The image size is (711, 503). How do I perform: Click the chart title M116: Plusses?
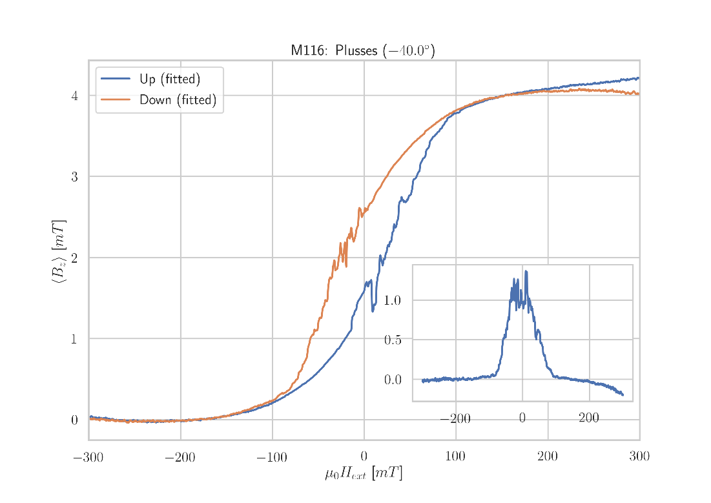362,50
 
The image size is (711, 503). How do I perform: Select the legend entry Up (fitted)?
170,79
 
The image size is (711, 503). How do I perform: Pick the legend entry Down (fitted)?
178,100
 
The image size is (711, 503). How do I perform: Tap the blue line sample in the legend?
116,79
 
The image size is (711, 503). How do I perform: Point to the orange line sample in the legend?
116,100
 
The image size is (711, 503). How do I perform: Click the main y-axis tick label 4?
74,96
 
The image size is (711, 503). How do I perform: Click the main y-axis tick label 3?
74,177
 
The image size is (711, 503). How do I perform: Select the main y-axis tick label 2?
74,258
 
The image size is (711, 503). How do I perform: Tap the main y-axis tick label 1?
74,339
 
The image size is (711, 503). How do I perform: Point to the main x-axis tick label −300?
88,458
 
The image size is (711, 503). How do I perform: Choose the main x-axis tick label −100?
271,458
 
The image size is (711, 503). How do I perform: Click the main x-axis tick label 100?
455,458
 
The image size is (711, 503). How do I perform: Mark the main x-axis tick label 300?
639,458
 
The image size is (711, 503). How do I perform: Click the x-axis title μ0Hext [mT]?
364,474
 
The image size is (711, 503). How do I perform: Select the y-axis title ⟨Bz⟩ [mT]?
58,251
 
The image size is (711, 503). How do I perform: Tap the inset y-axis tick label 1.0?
392,300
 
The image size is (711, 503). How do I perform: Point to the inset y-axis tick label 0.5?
392,340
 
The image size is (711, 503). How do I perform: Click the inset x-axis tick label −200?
455,419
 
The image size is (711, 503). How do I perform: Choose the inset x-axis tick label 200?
589,419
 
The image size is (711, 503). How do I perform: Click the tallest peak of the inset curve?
526,271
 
